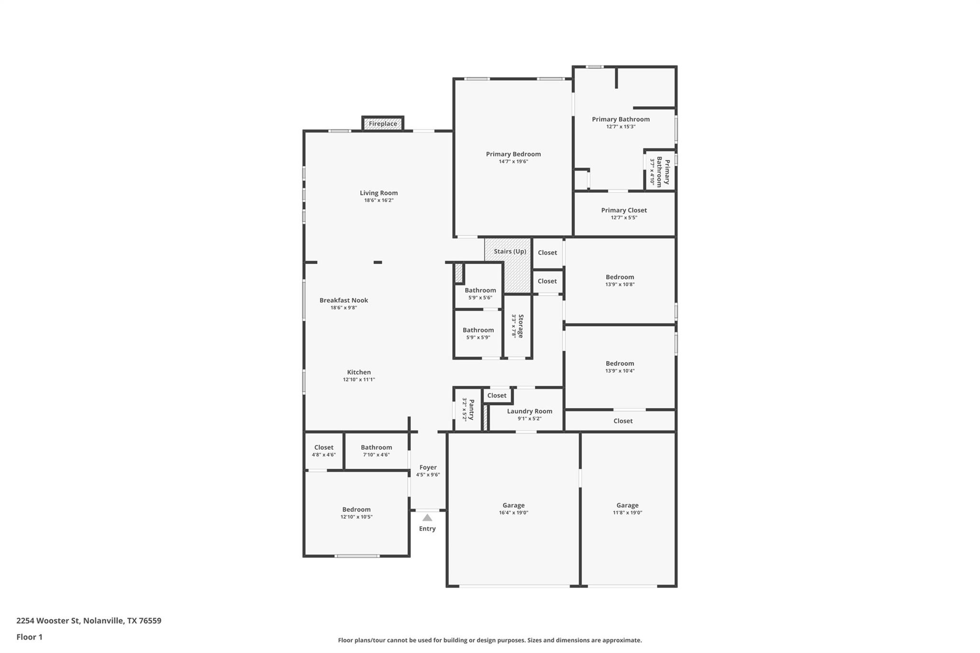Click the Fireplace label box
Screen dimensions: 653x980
click(x=383, y=124)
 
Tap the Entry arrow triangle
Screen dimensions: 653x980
click(x=427, y=518)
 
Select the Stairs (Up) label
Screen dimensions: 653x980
click(x=510, y=252)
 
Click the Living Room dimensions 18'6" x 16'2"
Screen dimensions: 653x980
click(x=379, y=200)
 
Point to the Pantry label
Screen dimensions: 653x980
click(x=471, y=410)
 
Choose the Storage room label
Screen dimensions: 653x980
click(x=521, y=326)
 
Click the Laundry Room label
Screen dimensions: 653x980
click(x=529, y=411)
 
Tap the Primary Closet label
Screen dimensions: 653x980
click(x=624, y=210)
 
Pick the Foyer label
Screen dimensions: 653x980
click(x=428, y=468)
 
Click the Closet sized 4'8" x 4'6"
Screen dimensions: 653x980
click(x=324, y=448)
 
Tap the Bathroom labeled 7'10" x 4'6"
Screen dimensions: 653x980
click(x=376, y=448)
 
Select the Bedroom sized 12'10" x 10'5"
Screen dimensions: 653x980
click(x=356, y=510)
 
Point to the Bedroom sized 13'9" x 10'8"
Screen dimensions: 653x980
click(x=620, y=277)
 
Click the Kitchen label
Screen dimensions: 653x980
click(x=359, y=373)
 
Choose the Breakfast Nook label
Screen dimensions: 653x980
click(x=344, y=300)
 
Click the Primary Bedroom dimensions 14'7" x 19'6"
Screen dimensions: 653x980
click(x=513, y=162)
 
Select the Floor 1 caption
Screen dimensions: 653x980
click(x=29, y=637)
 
